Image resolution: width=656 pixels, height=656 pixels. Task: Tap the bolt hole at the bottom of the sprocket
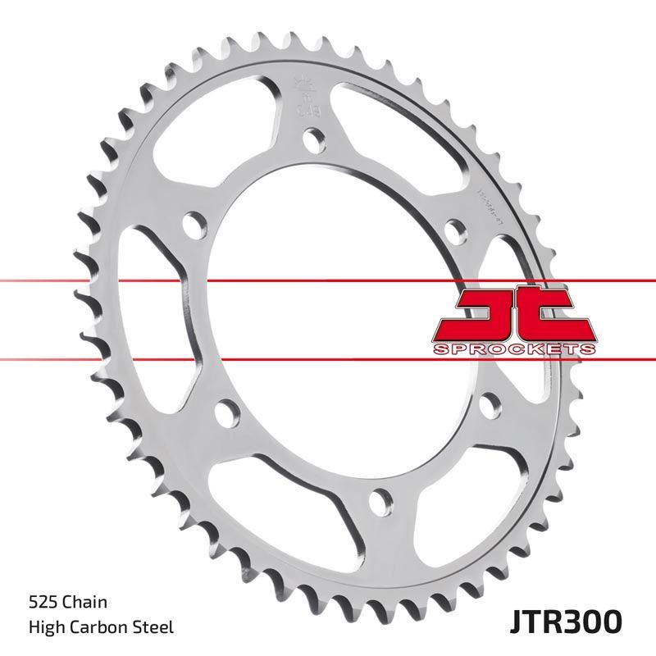click(380, 498)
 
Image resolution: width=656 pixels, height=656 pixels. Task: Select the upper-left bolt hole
click(194, 223)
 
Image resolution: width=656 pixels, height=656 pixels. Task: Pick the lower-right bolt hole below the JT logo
click(490, 402)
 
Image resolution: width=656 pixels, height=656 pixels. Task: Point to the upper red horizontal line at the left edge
click(16, 280)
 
